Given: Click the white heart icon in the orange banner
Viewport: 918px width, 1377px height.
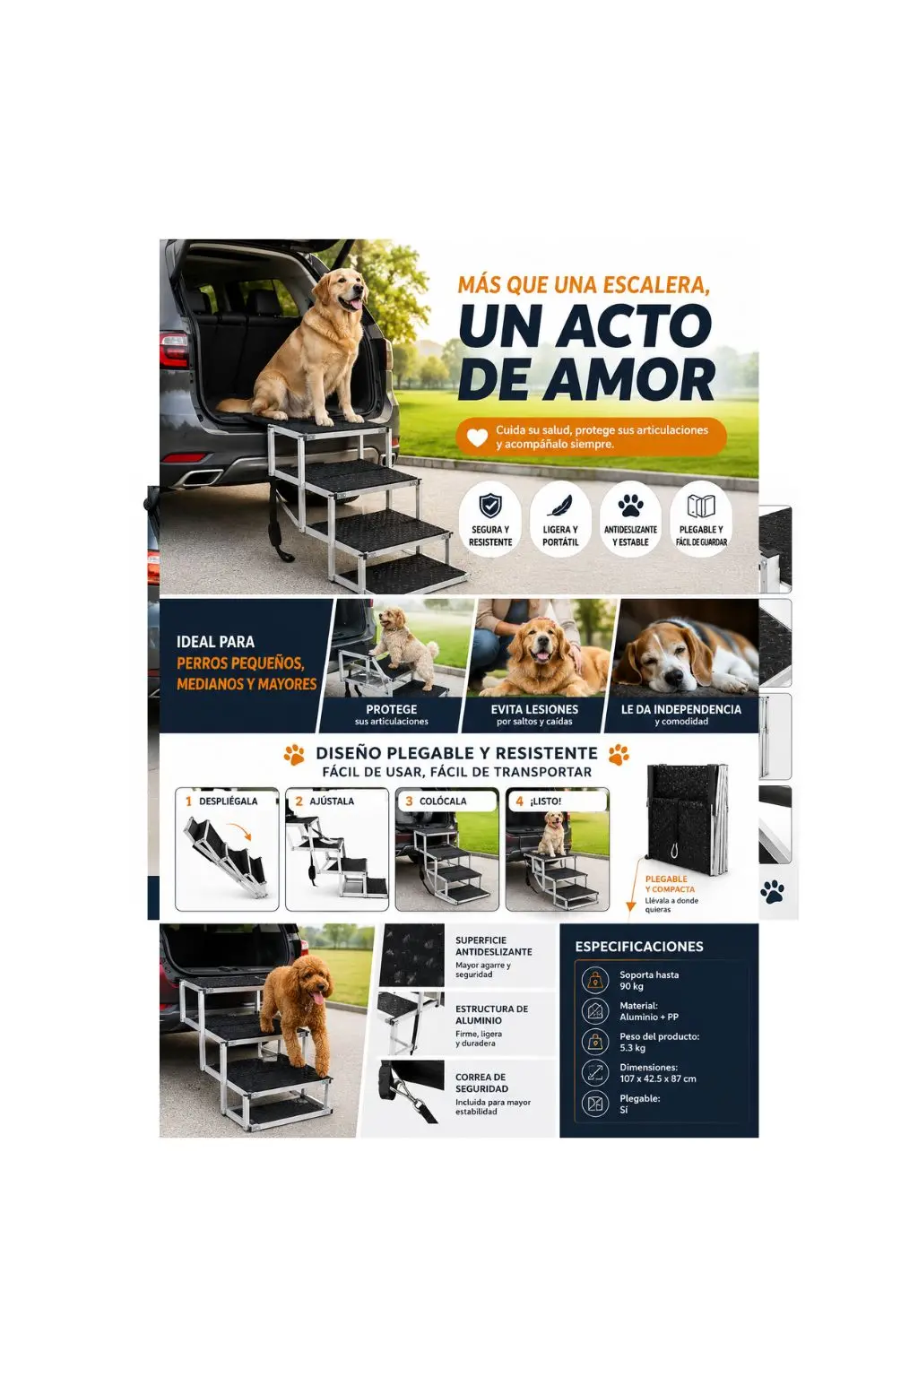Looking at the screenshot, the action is point(477,437).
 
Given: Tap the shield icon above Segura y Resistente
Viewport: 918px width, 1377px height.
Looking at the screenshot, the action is point(490,506).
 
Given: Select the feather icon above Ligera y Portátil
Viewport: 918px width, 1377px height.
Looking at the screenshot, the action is point(559,506).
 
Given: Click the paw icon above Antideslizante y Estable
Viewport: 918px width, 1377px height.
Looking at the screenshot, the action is point(630,506).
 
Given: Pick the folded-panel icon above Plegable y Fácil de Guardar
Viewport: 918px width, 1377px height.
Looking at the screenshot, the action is point(701,506).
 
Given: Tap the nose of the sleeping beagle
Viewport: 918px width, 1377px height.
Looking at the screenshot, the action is point(673,678).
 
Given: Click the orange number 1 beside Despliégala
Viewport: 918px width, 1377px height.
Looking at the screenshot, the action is point(189,801).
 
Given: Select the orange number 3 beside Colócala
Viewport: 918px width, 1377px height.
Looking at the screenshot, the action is point(409,801).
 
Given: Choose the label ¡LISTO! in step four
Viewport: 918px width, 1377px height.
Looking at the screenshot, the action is point(545,801).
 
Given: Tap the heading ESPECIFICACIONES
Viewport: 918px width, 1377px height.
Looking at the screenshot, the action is point(639,946).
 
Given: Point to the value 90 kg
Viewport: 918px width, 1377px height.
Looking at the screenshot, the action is point(631,986).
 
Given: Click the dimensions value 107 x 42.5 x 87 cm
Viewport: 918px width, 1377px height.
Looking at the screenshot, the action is point(658,1078).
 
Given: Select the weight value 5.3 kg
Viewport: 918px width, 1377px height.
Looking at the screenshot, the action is point(633,1047).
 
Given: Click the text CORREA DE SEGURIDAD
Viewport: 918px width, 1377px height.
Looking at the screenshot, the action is point(481,1083).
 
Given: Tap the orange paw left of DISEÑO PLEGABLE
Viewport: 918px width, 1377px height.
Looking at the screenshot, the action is point(295,754).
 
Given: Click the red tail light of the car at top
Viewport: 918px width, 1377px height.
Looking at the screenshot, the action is point(174,350).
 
